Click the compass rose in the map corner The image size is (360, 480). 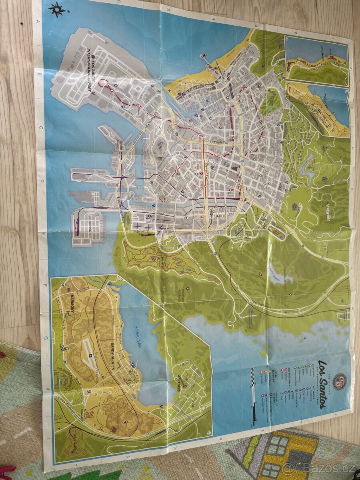[57, 10]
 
